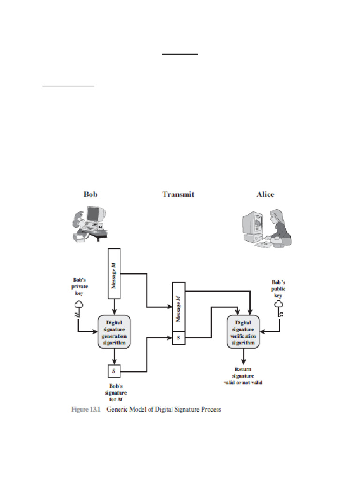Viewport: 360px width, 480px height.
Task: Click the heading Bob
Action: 90,194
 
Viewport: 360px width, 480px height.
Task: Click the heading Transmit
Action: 178,194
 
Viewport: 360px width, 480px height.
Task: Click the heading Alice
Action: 265,194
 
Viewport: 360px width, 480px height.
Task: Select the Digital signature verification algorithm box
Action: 243,332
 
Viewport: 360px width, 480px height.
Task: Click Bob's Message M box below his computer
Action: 115,273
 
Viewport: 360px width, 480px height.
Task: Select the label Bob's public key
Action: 278,289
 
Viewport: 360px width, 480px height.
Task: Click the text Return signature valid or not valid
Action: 243,376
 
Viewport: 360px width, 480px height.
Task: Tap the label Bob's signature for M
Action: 114,393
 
